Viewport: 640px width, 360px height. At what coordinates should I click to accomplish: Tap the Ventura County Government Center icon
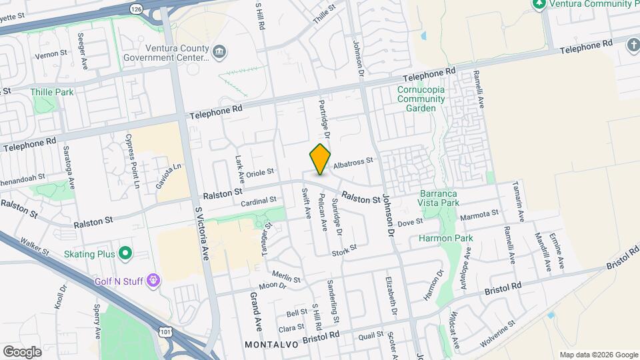pos(219,52)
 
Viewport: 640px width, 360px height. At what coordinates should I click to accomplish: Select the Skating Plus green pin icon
pos(125,253)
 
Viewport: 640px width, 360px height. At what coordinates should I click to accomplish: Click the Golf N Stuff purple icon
pos(154,280)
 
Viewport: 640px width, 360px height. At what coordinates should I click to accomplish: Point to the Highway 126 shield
pos(137,9)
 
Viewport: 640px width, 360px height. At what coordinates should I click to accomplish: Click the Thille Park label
pos(52,92)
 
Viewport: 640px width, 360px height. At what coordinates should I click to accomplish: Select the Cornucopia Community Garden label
pos(421,99)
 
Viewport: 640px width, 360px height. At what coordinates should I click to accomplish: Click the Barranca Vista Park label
pos(439,197)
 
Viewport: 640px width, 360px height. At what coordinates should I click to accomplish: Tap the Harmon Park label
pos(445,238)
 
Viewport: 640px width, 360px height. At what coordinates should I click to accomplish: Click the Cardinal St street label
pos(259,201)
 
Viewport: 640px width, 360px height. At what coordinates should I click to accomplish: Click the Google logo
pos(22,351)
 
